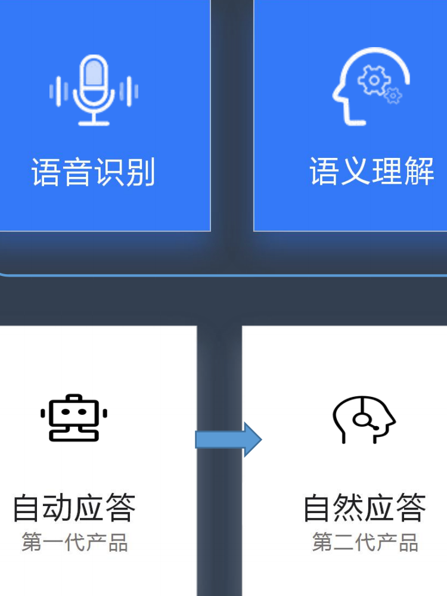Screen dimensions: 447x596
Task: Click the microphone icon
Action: pyautogui.click(x=94, y=89)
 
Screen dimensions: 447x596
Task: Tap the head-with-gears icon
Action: pyautogui.click(x=370, y=86)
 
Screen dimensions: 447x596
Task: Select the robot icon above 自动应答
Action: pyautogui.click(x=74, y=418)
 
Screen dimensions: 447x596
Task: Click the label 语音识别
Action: pyautogui.click(x=94, y=173)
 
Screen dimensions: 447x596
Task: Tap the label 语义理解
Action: pyautogui.click(x=371, y=172)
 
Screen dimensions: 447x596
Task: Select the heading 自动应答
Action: pyautogui.click(x=74, y=508)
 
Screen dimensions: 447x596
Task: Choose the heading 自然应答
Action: pyautogui.click(x=365, y=508)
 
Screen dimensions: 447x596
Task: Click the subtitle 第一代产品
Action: pyautogui.click(x=75, y=543)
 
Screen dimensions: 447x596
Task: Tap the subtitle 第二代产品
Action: pyautogui.click(x=365, y=543)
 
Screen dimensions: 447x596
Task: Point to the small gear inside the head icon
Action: pyautogui.click(x=392, y=95)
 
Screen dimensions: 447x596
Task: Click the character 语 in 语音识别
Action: pyautogui.click(x=46, y=173)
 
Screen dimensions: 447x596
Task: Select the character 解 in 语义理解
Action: pyautogui.click(x=419, y=172)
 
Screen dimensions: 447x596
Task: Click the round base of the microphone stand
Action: pyautogui.click(x=94, y=123)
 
